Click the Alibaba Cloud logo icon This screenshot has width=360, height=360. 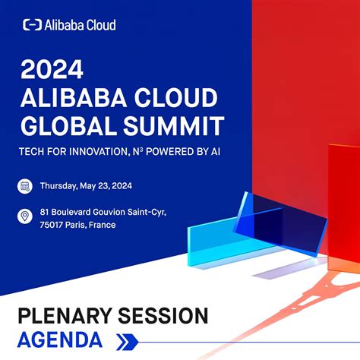pyautogui.click(x=32, y=25)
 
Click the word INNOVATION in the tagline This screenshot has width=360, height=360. pyautogui.click(x=99, y=151)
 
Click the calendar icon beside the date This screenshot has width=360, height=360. pyautogui.click(x=25, y=185)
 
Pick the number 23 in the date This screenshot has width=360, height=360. pyautogui.click(x=111, y=185)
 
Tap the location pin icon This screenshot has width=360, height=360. pyautogui.click(x=25, y=217)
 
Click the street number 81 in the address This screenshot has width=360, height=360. pyautogui.click(x=45, y=211)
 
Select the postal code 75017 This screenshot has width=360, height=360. pyautogui.click(x=54, y=225)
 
